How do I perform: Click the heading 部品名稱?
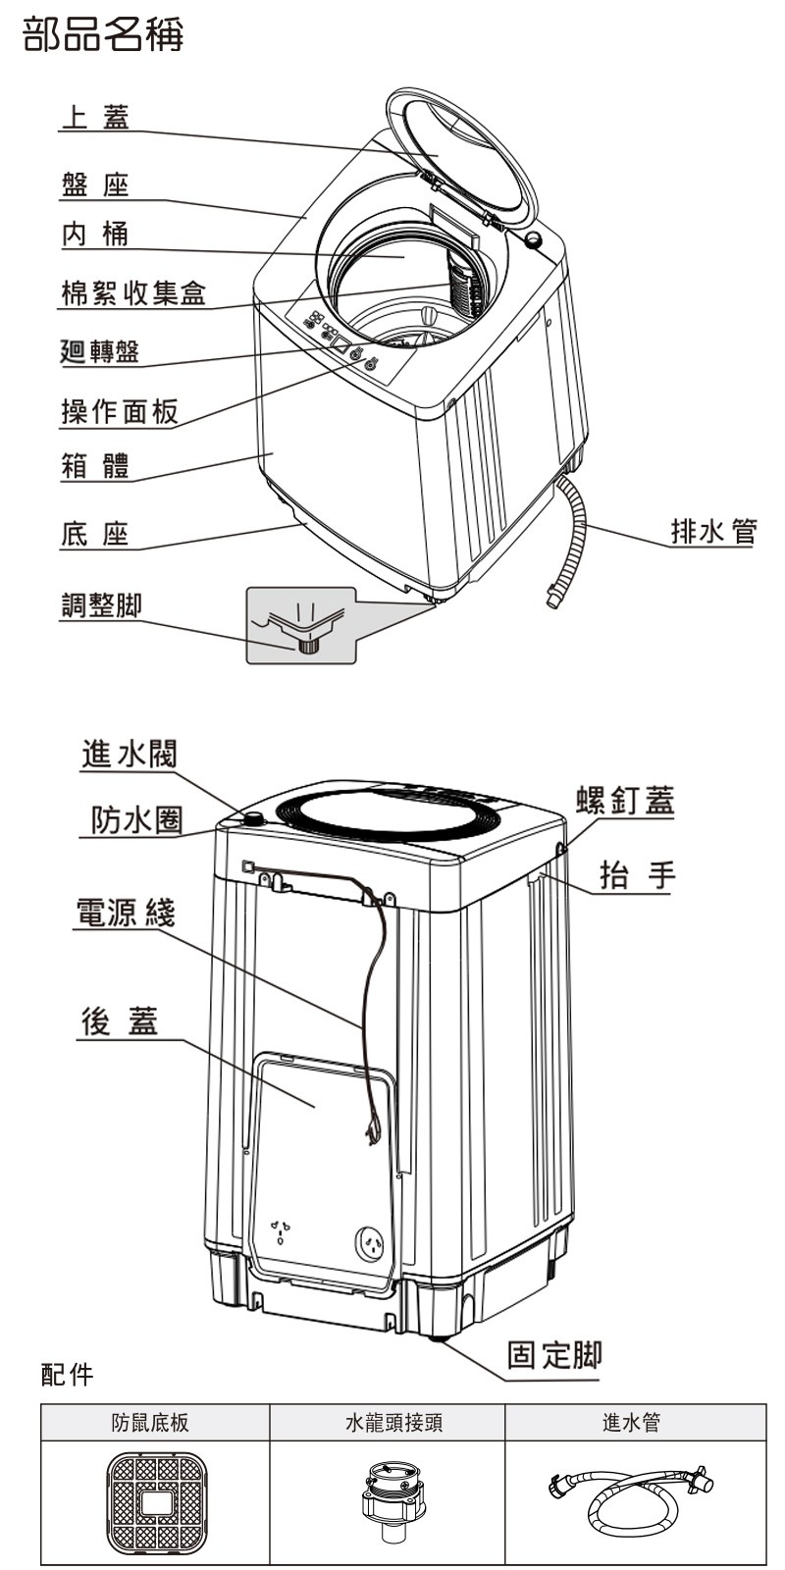tap(102, 36)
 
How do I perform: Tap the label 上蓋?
tap(94, 118)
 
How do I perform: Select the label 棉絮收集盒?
tap(133, 291)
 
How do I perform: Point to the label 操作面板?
tap(120, 411)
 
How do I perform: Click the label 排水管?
tap(713, 532)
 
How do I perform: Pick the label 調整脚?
tap(101, 605)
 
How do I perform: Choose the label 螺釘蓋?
tap(625, 801)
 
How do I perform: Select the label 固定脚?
tap(554, 1355)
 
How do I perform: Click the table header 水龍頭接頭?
tap(388, 1422)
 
